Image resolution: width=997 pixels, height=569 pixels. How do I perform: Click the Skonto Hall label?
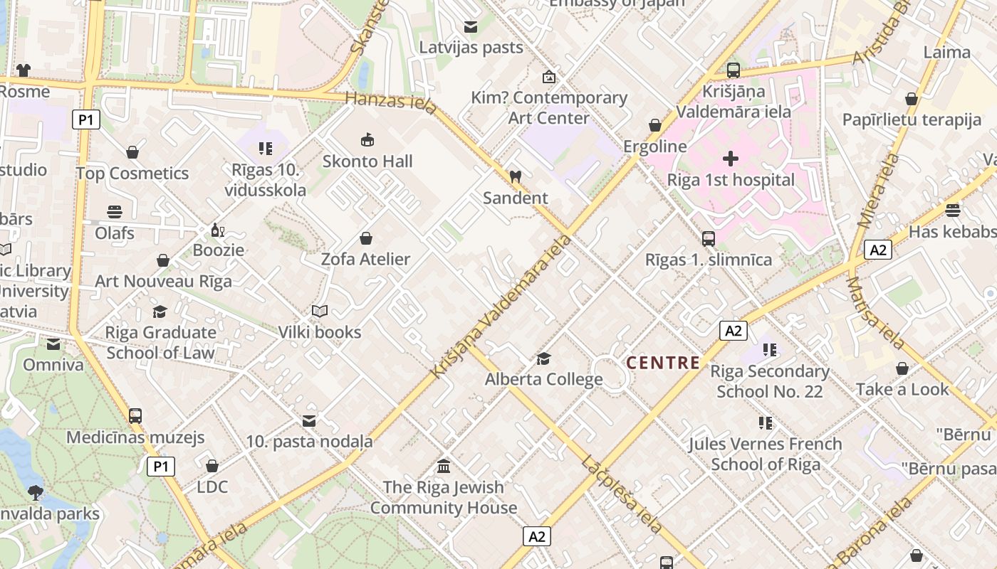pyautogui.click(x=367, y=161)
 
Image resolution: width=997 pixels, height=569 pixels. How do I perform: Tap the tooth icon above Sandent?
pyautogui.click(x=516, y=176)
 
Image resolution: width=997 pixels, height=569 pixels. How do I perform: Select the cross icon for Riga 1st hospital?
pyautogui.click(x=731, y=159)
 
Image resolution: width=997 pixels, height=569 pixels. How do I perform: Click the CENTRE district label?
pyautogui.click(x=663, y=363)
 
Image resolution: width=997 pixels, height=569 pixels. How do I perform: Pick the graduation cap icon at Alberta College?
pyautogui.click(x=544, y=358)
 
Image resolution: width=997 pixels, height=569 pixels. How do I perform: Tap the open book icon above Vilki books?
pyautogui.click(x=320, y=312)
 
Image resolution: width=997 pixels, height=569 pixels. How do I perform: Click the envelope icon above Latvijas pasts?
pyautogui.click(x=471, y=27)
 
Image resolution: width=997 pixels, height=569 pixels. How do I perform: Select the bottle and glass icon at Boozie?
pyautogui.click(x=218, y=230)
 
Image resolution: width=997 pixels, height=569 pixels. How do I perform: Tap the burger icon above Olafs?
pyautogui.click(x=115, y=212)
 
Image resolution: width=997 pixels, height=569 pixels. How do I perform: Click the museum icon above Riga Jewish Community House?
pyautogui.click(x=444, y=467)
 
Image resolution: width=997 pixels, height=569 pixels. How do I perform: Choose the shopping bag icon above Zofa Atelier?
pyautogui.click(x=366, y=238)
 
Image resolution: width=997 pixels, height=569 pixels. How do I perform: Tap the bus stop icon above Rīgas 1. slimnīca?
pyautogui.click(x=709, y=239)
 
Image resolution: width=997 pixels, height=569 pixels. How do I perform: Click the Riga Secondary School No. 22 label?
pyautogui.click(x=769, y=381)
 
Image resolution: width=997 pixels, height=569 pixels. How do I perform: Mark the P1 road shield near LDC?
pyautogui.click(x=161, y=467)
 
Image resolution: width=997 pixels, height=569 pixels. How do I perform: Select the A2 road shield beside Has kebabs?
pyautogui.click(x=878, y=250)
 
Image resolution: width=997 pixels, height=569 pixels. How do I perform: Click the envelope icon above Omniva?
pyautogui.click(x=53, y=344)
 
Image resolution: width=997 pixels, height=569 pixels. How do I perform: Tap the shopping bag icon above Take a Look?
pyautogui.click(x=902, y=368)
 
